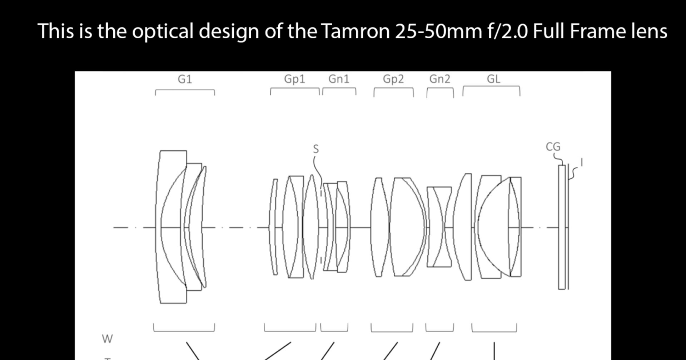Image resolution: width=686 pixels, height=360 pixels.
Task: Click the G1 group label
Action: pyautogui.click(x=185, y=79)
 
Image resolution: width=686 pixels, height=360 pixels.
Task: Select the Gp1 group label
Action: pyautogui.click(x=294, y=79)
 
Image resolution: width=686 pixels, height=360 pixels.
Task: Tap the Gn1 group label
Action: pyautogui.click(x=339, y=79)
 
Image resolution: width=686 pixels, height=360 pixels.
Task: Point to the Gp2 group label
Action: pyautogui.click(x=393, y=79)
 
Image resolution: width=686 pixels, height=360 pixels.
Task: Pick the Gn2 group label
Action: pyautogui.click(x=439, y=79)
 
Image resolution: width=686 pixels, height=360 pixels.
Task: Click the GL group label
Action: pyautogui.click(x=493, y=79)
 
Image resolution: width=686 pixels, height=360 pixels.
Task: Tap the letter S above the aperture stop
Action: pyautogui.click(x=316, y=149)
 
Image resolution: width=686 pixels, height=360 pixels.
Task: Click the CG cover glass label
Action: pyautogui.click(x=553, y=146)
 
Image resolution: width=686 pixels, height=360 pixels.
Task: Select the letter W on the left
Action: pyautogui.click(x=107, y=339)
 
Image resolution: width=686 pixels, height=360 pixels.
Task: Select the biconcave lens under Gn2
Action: pyautogui.click(x=439, y=227)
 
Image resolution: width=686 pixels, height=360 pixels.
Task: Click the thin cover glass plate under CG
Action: pyautogui.click(x=562, y=227)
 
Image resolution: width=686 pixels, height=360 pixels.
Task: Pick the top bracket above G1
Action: pyautogui.click(x=185, y=90)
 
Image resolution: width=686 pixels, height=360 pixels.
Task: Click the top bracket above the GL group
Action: pyautogui.click(x=491, y=87)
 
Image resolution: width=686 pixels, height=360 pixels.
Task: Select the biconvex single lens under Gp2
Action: pyautogui.click(x=379, y=227)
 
